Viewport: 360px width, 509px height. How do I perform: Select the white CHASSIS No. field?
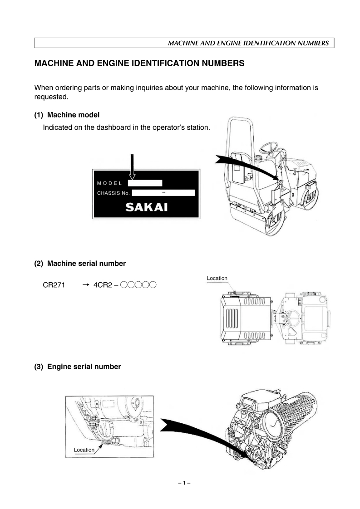pyautogui.click(x=163, y=193)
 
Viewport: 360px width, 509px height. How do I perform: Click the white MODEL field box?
pyautogui.click(x=145, y=183)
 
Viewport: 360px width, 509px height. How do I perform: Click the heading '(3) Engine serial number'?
pyautogui.click(x=78, y=367)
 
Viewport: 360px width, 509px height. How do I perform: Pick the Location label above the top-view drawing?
pyautogui.click(x=217, y=278)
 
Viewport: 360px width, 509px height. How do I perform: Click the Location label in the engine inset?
pyautogui.click(x=84, y=450)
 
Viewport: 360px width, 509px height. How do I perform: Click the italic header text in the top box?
pyautogui.click(x=248, y=43)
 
